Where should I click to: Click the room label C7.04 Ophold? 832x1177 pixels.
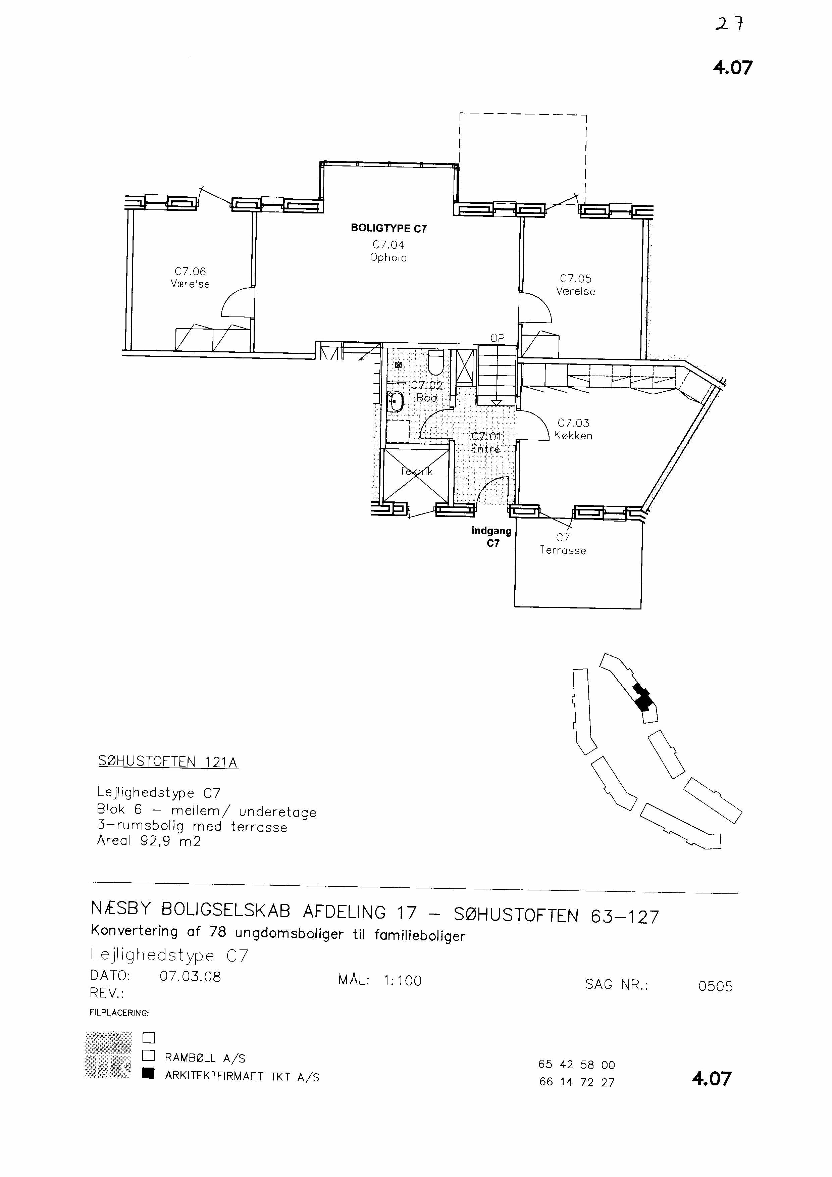(x=388, y=251)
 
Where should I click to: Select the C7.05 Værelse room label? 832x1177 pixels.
(x=576, y=285)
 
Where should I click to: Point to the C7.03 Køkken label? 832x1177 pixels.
(x=573, y=429)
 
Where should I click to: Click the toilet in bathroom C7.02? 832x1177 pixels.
(x=436, y=362)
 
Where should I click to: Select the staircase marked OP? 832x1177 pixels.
(x=497, y=375)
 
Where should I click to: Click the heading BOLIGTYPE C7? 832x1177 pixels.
(x=388, y=229)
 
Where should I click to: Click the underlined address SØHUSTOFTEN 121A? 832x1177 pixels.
(x=168, y=762)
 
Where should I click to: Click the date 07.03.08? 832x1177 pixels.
(x=190, y=976)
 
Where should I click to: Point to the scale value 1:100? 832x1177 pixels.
(x=402, y=981)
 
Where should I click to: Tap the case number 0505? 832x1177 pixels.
(x=715, y=986)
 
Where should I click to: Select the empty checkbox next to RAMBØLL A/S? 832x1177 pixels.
(x=149, y=1056)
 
